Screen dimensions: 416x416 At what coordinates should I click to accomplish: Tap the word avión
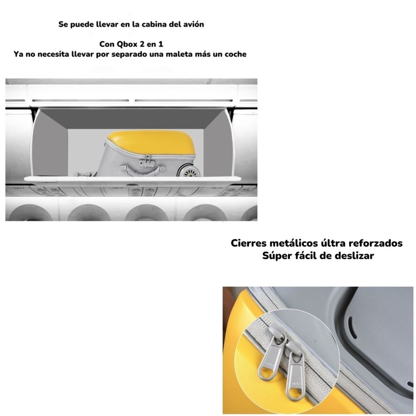(194, 25)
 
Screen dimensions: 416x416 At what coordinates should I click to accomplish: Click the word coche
(235, 54)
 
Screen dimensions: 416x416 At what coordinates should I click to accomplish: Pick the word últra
(332, 243)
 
